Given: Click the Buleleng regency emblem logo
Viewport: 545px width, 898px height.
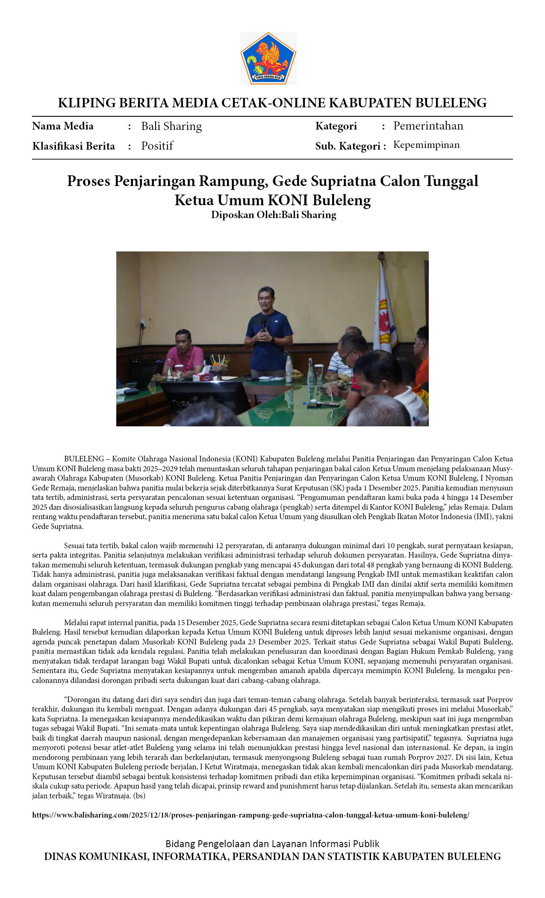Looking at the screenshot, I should (x=268, y=58).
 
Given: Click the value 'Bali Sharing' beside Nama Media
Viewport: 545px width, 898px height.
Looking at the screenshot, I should (x=171, y=126).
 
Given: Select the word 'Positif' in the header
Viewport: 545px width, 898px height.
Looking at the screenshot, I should (x=157, y=146).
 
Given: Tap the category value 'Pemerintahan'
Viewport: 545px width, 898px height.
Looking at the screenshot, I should (x=428, y=126).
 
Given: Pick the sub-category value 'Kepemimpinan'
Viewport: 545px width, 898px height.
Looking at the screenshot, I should (x=426, y=145).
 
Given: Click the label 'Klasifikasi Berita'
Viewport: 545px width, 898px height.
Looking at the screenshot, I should (x=74, y=146).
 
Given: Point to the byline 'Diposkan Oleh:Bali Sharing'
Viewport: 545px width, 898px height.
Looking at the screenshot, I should (x=274, y=215).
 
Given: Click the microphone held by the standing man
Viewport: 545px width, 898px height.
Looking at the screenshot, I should (x=264, y=324).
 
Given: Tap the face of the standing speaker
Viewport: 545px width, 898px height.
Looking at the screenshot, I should (x=266, y=300).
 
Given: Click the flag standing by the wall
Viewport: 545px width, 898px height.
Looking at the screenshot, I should (x=384, y=312).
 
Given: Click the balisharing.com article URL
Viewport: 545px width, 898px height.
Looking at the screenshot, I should (x=250, y=815).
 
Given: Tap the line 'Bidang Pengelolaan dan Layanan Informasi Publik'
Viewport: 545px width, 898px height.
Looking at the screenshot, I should (x=272, y=844).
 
